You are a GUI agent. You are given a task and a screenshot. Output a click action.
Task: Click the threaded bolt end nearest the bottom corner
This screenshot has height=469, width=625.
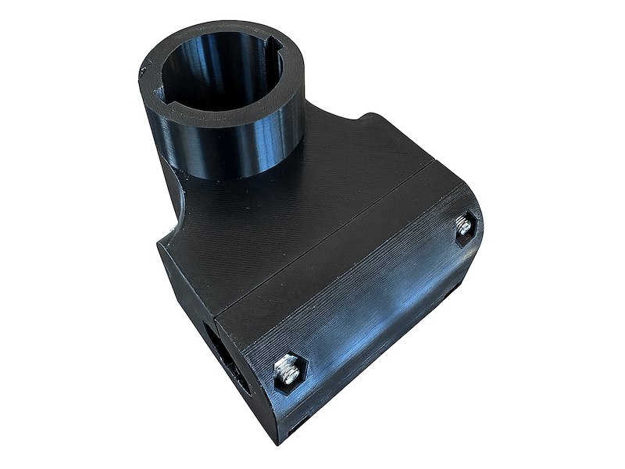point(287,370)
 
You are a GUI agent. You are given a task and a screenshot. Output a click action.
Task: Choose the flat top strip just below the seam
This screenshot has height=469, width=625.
point(344,250)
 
